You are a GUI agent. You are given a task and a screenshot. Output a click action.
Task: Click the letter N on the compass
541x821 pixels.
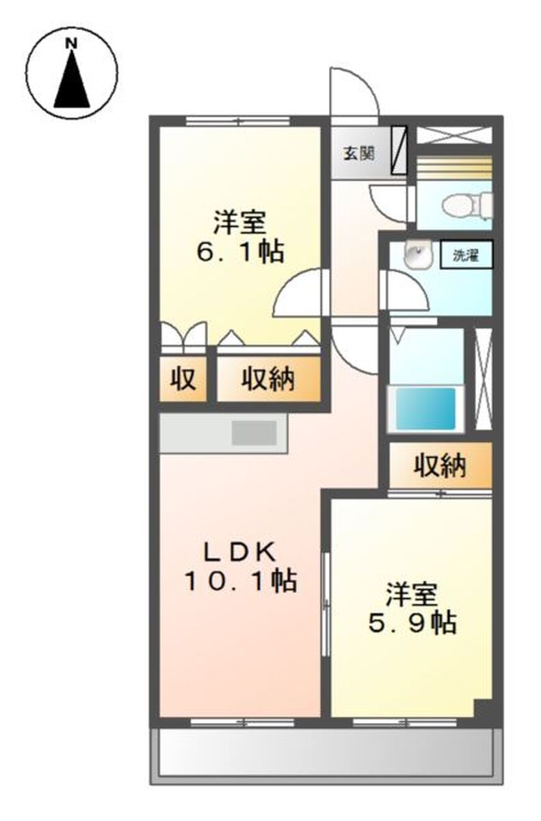tap(71, 44)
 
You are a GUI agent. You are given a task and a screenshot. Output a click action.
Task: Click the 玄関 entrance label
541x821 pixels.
tap(358, 154)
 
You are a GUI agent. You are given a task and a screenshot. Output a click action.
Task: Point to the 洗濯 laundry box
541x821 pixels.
tap(466, 255)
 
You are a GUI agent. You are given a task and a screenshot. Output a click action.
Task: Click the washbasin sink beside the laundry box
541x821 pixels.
tap(419, 254)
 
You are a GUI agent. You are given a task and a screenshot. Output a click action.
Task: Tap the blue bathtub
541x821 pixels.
tap(425, 408)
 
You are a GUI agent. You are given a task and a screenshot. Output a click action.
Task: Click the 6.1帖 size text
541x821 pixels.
tap(240, 252)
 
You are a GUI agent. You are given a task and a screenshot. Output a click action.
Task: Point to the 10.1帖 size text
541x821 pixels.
tap(241, 581)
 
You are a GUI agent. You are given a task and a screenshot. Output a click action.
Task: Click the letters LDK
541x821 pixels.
tap(240, 552)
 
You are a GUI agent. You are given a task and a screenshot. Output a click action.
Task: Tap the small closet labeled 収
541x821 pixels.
tap(183, 378)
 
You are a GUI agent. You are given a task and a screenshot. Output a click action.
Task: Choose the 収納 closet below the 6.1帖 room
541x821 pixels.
tap(269, 378)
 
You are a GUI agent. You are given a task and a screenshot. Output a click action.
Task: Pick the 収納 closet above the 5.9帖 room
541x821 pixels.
tap(440, 465)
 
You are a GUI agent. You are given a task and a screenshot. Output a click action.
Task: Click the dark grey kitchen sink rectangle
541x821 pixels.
tap(254, 433)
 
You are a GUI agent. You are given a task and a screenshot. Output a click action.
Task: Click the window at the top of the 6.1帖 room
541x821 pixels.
tap(238, 120)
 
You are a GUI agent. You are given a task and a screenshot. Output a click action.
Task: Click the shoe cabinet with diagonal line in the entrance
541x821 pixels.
tap(399, 150)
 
